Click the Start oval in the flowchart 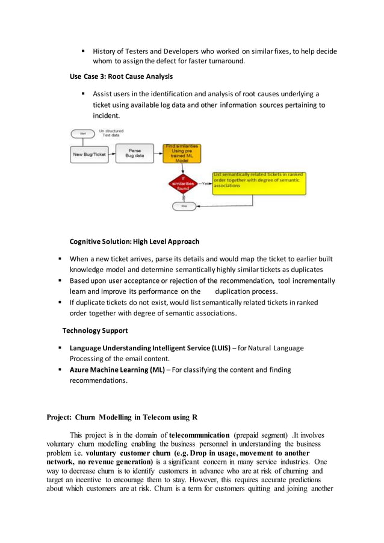[x=82, y=133]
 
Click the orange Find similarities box [x=182, y=153]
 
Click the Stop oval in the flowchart [x=184, y=206]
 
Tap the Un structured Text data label [x=110, y=133]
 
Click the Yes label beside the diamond [x=205, y=184]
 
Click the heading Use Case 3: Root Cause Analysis [x=121, y=76]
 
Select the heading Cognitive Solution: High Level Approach [x=134, y=241]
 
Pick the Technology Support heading [x=95, y=330]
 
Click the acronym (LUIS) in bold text [x=220, y=348]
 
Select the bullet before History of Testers [x=83, y=51]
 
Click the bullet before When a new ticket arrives [x=60, y=259]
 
